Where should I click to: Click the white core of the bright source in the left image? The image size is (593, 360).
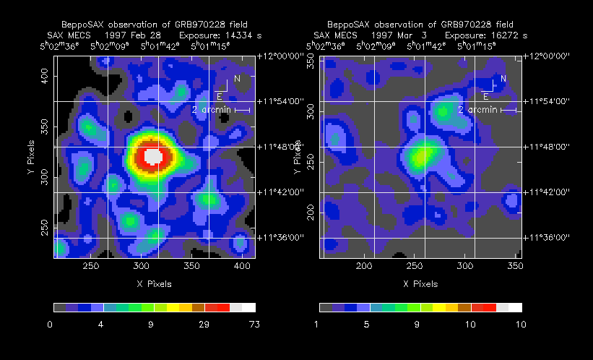(x=153, y=155)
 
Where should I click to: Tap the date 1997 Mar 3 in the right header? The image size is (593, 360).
(x=400, y=35)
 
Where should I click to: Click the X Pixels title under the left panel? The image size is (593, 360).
(x=154, y=284)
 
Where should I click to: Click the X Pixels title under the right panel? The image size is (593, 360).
(x=420, y=284)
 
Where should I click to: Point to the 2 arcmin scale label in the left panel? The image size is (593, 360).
(x=212, y=110)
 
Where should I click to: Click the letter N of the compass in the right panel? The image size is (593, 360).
(x=503, y=78)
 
